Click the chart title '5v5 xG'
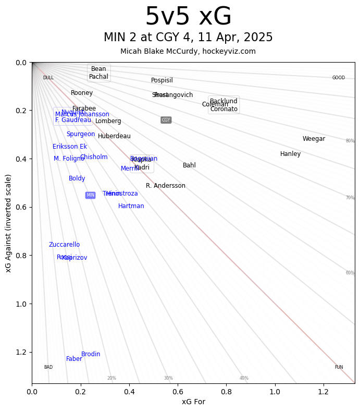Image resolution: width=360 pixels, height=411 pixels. (x=188, y=17)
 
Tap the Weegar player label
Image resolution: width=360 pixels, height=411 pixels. (x=314, y=139)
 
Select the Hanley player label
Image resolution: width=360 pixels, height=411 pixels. (x=290, y=154)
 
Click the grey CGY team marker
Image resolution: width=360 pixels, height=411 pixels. (x=166, y=120)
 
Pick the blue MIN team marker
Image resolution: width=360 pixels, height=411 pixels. (x=90, y=195)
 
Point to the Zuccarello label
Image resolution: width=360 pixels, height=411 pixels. (x=64, y=245)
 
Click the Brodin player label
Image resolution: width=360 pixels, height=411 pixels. (x=91, y=354)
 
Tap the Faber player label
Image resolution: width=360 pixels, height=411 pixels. (x=74, y=359)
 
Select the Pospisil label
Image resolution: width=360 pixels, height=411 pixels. (x=162, y=80)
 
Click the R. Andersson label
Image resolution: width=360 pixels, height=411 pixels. (x=165, y=186)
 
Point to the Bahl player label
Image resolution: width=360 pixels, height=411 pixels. (x=189, y=165)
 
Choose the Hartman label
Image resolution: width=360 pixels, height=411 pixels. (x=131, y=206)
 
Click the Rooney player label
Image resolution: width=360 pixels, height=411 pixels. (x=82, y=93)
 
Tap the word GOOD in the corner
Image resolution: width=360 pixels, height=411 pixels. (x=338, y=78)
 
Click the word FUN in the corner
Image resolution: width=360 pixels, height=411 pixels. (x=339, y=367)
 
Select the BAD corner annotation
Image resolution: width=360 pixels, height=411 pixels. (x=48, y=367)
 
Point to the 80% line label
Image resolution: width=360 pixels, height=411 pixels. (x=350, y=141)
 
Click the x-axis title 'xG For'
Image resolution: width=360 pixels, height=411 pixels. (x=193, y=402)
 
